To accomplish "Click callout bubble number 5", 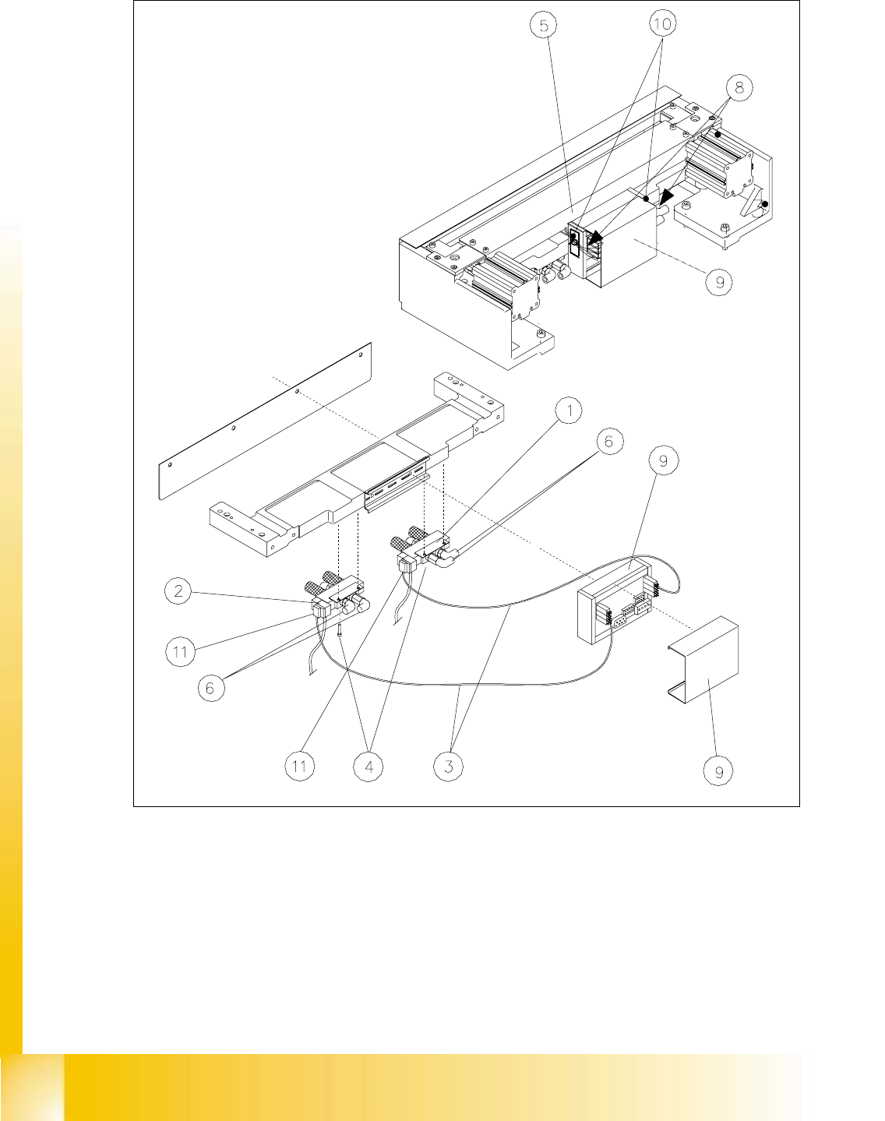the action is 543,26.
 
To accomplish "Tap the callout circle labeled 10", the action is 662,24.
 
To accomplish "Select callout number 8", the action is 739,87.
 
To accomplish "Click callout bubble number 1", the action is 569,411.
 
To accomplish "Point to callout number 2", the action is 178,590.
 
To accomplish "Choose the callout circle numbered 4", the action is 368,767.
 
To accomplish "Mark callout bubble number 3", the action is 448,767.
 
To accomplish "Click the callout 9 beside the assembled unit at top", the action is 719,282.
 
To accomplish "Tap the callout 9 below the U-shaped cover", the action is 718,771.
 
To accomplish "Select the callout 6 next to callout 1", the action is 608,441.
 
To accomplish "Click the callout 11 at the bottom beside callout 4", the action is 299,767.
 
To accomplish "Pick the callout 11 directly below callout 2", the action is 180,652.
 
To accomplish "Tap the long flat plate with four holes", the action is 265,421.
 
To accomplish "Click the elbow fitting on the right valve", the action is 444,558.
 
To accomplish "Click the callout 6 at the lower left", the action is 210,688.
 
